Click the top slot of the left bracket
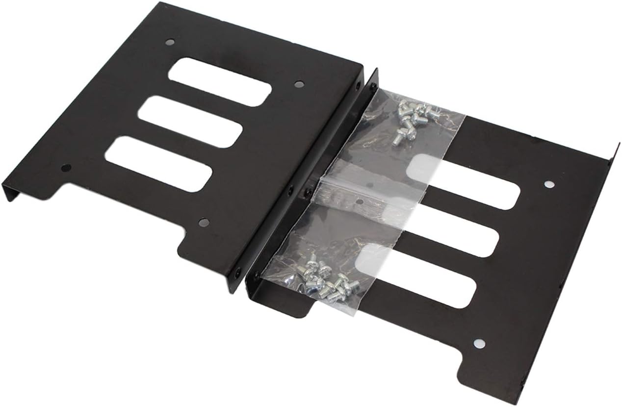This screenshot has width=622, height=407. coord(220,82)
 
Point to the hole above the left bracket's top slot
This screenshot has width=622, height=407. coord(170,42)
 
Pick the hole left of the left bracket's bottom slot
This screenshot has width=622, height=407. coord(66,168)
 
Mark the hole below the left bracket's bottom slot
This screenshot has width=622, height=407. coord(203,222)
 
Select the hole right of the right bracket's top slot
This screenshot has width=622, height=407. coord(549,185)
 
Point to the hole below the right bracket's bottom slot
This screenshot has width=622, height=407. coord(480,344)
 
